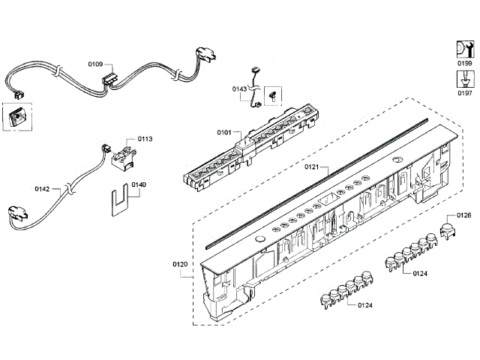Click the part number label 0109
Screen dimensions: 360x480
pyautogui.click(x=95, y=64)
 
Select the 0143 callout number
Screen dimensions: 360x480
pyautogui.click(x=239, y=88)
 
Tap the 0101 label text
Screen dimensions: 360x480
pyautogui.click(x=224, y=133)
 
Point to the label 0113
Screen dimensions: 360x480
pyautogui.click(x=145, y=139)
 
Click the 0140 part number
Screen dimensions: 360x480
pyautogui.click(x=139, y=184)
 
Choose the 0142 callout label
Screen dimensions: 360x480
pyautogui.click(x=42, y=190)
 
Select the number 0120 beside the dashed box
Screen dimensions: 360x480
pyautogui.click(x=180, y=264)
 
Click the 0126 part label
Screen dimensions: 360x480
pyautogui.click(x=463, y=216)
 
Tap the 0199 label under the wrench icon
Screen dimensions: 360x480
pyautogui.click(x=465, y=65)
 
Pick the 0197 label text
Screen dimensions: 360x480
pyautogui.click(x=465, y=93)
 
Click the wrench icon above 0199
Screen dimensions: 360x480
pyautogui.click(x=464, y=49)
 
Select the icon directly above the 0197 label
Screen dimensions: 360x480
pyautogui.click(x=465, y=79)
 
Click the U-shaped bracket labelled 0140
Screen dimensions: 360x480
pyautogui.click(x=118, y=200)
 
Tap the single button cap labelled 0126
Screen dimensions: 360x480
pyautogui.click(x=447, y=229)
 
